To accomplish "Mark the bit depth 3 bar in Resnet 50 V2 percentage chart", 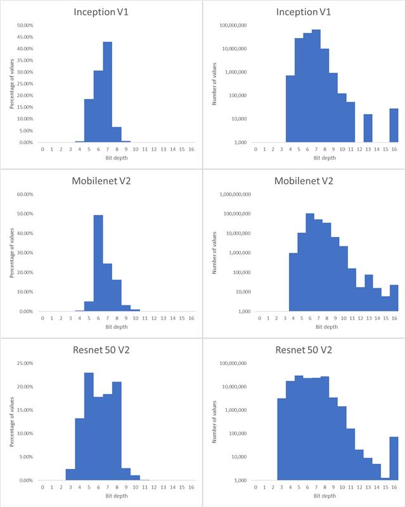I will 70,475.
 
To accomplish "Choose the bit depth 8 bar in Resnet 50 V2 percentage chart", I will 117,431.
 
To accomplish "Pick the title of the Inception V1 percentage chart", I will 101,11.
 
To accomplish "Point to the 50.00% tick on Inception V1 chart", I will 25,25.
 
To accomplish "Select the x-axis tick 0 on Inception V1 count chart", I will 255,149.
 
